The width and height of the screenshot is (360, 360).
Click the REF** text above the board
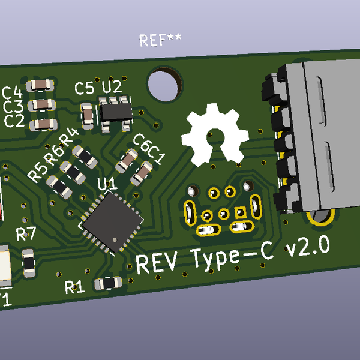click(160, 40)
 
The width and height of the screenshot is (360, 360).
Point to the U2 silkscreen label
click(111, 88)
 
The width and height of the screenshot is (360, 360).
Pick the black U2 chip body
click(115, 112)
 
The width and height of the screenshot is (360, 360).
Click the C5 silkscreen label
click(84, 89)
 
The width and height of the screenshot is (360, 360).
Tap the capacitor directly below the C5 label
click(88, 114)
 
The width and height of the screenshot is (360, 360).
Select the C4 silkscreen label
click(13, 93)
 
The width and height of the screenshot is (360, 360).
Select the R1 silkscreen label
click(74, 287)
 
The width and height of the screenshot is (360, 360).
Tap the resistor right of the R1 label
click(109, 282)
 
